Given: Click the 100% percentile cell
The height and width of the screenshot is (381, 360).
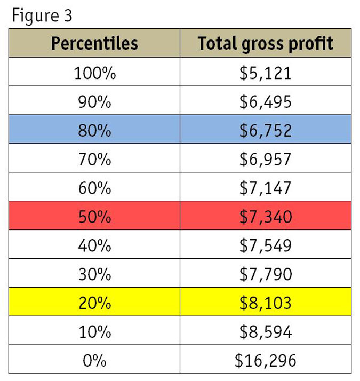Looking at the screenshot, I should pos(94,73).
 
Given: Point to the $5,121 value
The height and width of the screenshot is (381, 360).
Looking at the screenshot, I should pos(265,73).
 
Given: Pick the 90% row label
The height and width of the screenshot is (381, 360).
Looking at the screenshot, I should pos(94,101).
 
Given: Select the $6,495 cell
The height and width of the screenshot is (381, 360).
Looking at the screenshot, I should pos(265,101).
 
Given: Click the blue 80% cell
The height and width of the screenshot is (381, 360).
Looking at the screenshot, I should pos(94,130).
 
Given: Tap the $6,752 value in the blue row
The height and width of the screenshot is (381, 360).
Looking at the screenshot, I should pos(265,130).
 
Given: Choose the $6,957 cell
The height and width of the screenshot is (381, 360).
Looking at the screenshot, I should pos(265,159).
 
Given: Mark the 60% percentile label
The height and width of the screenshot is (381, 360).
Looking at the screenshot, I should pos(94,188).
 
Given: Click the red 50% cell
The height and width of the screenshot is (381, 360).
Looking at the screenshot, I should pos(94,217).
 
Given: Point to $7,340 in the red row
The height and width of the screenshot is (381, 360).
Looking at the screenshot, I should pos(265,217).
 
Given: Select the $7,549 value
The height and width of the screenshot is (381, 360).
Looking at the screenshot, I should pos(265,245).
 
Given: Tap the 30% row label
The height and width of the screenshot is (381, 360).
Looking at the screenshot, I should pos(94,274).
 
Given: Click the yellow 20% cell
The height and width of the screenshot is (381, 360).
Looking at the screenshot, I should pos(94,303).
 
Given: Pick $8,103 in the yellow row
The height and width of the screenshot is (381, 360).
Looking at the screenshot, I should pos(265,303).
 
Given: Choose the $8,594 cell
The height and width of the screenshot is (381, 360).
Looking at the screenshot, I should pos(265,332).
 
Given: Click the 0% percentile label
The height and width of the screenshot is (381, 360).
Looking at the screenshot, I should pos(94,361).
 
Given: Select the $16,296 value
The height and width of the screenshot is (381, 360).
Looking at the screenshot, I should pos(265,361).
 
